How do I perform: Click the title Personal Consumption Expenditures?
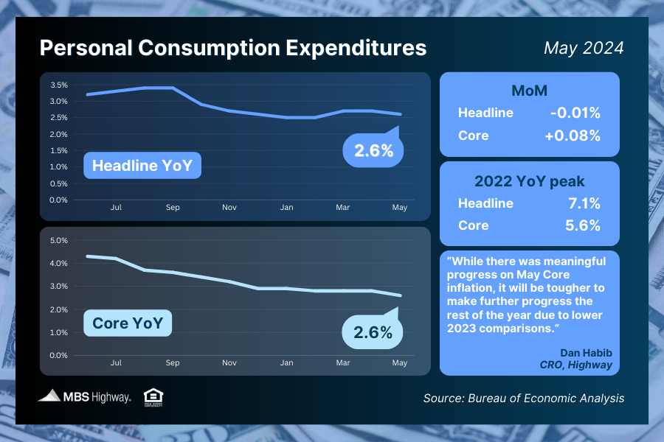(232, 48)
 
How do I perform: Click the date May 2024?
(584, 48)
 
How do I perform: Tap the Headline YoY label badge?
(142, 166)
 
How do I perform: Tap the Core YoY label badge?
(128, 323)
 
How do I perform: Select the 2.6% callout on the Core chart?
(373, 331)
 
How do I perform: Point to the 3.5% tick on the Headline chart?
(59, 85)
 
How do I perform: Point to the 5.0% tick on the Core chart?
(58, 240)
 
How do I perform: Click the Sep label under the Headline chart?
(173, 208)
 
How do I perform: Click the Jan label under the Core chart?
(286, 363)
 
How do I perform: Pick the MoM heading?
(529, 91)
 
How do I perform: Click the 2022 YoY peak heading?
(529, 181)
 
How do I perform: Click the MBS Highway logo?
(85, 396)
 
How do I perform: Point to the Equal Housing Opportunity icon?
(153, 396)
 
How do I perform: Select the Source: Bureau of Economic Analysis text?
(524, 398)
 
